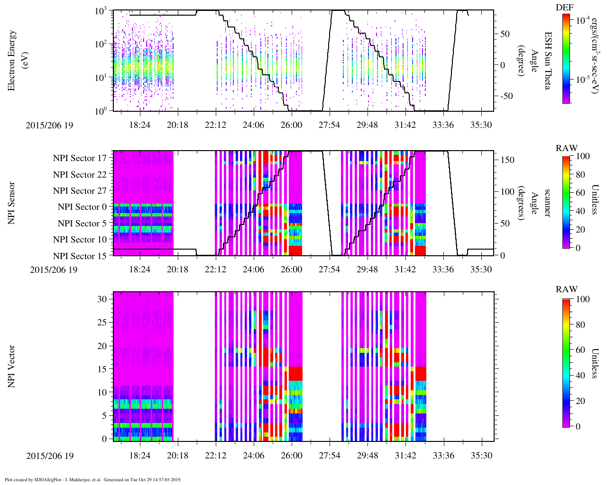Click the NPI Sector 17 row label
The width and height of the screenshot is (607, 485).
(x=80, y=158)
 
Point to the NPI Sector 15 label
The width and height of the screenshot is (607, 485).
(x=80, y=256)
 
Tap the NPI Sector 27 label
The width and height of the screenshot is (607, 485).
(x=80, y=191)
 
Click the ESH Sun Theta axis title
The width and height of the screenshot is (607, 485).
(x=548, y=61)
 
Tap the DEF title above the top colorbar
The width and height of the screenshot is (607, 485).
(x=564, y=8)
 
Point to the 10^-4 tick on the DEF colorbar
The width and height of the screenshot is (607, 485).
(x=582, y=20)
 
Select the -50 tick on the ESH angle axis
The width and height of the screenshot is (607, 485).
(x=505, y=96)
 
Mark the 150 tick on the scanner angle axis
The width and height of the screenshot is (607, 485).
(x=507, y=160)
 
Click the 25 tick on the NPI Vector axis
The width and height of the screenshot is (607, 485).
(x=103, y=322)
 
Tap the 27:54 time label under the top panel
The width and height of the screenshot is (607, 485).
(x=329, y=125)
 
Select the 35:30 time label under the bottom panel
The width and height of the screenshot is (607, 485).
(x=481, y=456)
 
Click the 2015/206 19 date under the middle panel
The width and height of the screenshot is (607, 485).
(x=53, y=270)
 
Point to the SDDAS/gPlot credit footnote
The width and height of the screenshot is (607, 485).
(x=92, y=480)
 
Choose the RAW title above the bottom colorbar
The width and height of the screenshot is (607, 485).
(x=567, y=289)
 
